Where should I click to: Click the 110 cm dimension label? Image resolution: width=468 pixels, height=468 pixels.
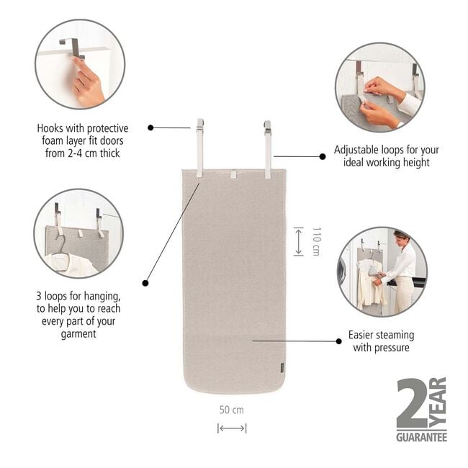[315, 241]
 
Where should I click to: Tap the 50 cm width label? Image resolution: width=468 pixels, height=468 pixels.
[232, 410]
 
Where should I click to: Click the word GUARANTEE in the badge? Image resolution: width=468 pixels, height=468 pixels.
[421, 437]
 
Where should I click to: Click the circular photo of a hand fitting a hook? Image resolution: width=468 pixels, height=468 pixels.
[80, 64]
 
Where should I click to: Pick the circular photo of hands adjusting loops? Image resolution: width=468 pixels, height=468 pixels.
[379, 87]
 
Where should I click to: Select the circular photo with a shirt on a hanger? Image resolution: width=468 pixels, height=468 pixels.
[78, 233]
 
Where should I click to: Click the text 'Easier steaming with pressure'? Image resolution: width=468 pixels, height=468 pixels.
[381, 341]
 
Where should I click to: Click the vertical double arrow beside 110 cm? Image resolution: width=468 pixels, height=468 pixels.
[298, 241]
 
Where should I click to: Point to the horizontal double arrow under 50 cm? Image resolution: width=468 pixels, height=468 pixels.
[232, 428]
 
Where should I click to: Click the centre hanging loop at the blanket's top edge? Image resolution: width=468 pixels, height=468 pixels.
[233, 175]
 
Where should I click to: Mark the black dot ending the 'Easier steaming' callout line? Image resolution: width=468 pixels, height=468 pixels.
[338, 341]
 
